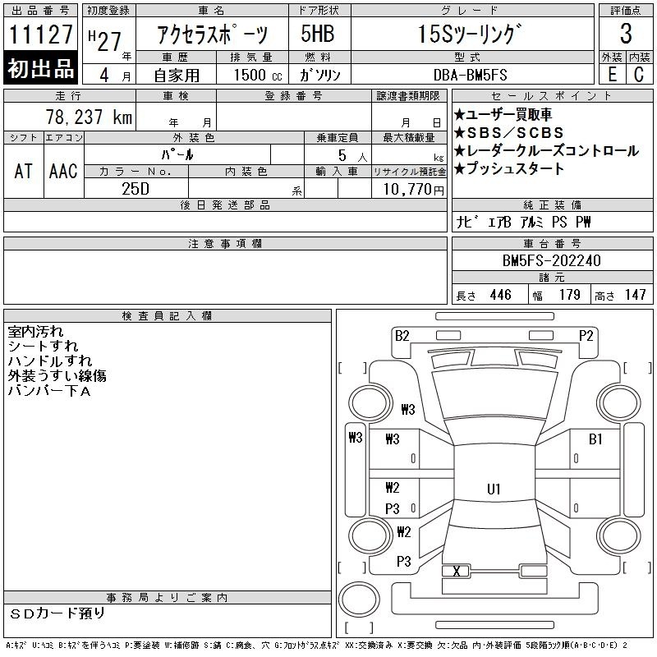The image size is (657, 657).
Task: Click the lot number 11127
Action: click(x=40, y=34)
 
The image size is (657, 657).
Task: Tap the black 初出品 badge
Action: click(x=40, y=68)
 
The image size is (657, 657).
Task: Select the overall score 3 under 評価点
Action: click(x=626, y=34)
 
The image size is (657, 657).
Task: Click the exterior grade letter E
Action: click(x=612, y=74)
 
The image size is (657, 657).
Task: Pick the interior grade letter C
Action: click(x=639, y=74)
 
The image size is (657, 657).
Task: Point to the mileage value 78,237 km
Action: click(x=89, y=117)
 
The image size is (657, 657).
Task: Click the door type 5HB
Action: click(x=318, y=34)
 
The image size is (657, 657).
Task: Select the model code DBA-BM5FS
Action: click(x=470, y=75)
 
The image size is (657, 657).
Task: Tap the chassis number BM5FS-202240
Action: click(x=551, y=260)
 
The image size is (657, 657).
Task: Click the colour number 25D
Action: click(x=136, y=189)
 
